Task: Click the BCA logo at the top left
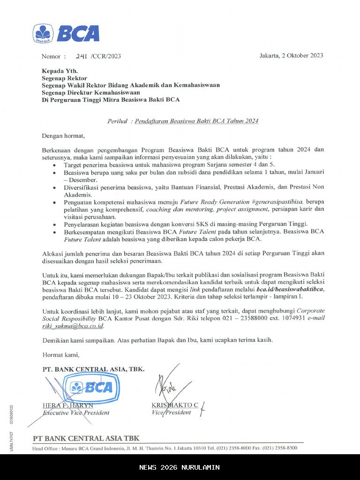[x=66, y=34]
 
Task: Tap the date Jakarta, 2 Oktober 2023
[x=291, y=55]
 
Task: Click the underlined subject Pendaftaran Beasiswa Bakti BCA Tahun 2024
[x=196, y=121]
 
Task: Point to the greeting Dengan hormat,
[x=64, y=136]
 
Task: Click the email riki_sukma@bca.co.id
[x=73, y=326]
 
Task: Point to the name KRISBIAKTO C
[x=175, y=405]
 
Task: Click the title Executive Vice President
[x=76, y=412]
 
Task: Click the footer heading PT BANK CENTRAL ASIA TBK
[x=86, y=438]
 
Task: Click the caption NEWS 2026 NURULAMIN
[x=180, y=467]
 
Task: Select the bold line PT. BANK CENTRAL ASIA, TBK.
[x=93, y=369]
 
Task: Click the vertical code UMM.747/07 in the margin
[x=11, y=441]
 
